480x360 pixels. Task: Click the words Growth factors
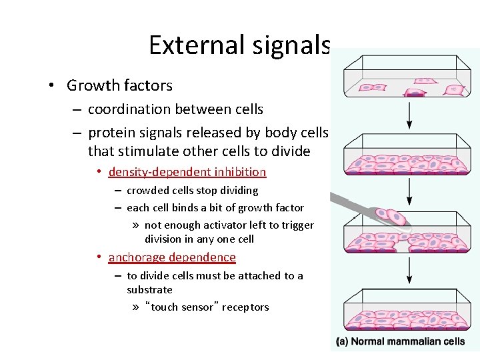[119, 85]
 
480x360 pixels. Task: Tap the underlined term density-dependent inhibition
[187, 172]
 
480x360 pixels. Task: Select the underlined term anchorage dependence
[172, 257]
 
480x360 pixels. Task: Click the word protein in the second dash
[111, 133]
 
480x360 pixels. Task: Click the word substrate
[149, 290]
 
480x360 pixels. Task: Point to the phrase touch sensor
[182, 307]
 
